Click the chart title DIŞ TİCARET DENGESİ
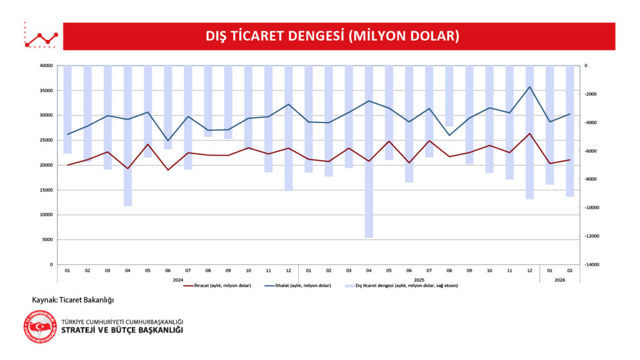(332, 36)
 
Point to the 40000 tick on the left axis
(46, 66)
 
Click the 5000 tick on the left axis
(47, 239)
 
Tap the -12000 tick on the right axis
(591, 236)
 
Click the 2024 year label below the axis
(177, 279)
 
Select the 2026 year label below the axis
(559, 279)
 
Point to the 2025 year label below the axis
(419, 279)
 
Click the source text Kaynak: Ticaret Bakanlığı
(72, 300)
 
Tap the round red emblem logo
(43, 326)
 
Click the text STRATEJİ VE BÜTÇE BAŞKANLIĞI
(122, 330)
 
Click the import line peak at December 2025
(530, 87)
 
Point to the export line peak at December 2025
(530, 133)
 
